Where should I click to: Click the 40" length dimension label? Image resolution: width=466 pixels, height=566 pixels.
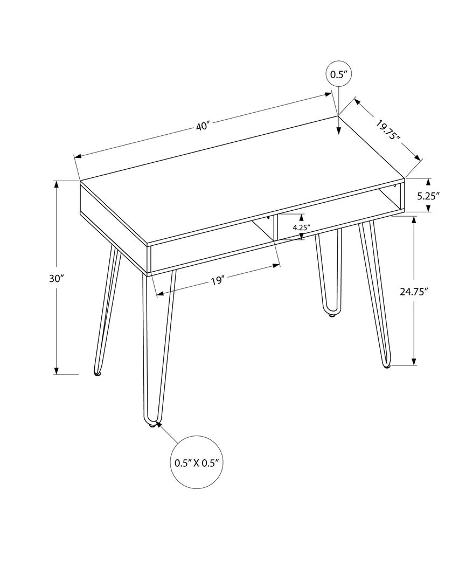203,127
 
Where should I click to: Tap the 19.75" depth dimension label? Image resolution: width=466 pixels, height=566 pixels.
388,132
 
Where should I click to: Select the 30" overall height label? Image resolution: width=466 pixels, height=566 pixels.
56,278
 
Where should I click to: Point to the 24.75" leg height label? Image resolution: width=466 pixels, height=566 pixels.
414,292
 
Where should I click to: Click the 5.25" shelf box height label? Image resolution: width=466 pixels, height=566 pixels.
429,196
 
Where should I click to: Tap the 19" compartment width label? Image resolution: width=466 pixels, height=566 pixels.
217,281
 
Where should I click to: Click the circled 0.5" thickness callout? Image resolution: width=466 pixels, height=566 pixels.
338,74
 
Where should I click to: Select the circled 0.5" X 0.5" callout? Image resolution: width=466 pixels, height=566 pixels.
197,463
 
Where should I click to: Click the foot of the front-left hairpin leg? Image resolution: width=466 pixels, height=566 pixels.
152,424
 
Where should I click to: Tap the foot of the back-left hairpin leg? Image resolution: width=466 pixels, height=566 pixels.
98,373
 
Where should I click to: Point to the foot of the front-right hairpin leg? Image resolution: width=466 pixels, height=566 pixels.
386,366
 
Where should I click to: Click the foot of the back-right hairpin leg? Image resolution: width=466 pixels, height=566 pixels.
331,314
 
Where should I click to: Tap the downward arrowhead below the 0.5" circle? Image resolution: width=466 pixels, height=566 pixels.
338,129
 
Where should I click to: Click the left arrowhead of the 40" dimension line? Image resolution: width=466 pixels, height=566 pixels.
78,156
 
